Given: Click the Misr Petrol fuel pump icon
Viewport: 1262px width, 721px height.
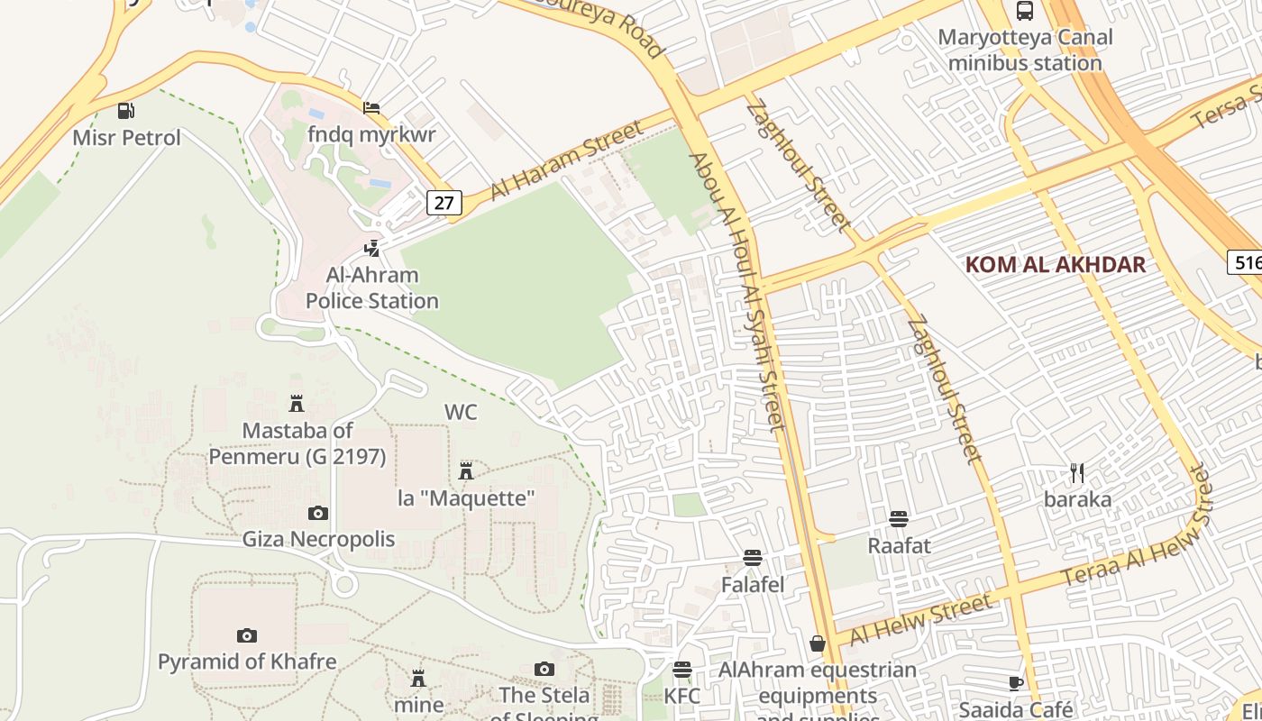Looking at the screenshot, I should tap(126, 111).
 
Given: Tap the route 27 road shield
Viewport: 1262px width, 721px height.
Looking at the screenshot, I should tap(444, 203).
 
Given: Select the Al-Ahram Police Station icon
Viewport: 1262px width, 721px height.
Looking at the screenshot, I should tap(371, 248).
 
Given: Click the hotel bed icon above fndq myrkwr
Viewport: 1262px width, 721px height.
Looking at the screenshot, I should tap(371, 108).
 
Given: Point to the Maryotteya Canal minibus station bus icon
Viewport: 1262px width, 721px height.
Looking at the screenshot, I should tap(1025, 11).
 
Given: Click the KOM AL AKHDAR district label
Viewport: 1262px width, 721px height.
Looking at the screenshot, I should tap(1055, 264).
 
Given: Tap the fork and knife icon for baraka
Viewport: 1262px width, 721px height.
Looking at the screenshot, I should tap(1077, 472).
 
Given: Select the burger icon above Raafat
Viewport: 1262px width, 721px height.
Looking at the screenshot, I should tap(899, 519).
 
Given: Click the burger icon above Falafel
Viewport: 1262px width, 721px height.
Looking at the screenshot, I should tap(753, 558).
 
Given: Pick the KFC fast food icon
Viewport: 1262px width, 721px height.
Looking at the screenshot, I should tap(682, 670).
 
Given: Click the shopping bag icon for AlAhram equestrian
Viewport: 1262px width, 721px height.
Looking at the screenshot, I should tap(818, 643).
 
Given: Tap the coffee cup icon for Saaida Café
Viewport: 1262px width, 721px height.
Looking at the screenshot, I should tap(1016, 683).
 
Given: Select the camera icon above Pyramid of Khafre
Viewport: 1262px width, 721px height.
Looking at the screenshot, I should tap(247, 635).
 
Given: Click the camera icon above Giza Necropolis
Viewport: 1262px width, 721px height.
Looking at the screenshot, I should tap(318, 513).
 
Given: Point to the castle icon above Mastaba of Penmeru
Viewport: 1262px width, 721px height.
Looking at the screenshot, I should tap(297, 403).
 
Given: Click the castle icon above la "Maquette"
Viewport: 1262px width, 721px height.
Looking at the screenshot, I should tap(466, 470).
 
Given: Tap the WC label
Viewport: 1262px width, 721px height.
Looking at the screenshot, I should tap(461, 412).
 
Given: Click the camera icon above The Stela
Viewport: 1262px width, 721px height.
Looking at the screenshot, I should tap(544, 669).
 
